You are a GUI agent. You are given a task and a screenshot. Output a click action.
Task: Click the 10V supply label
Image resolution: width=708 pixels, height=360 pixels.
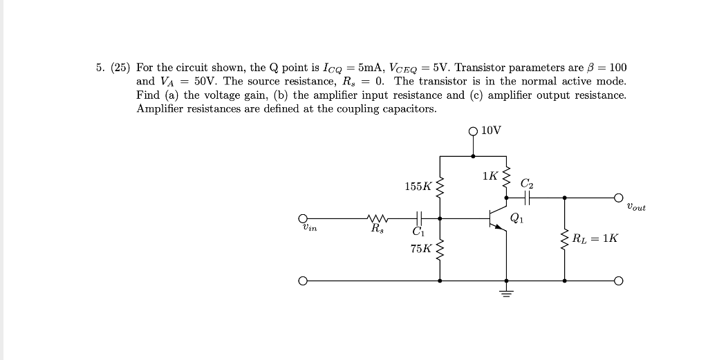pyautogui.click(x=492, y=130)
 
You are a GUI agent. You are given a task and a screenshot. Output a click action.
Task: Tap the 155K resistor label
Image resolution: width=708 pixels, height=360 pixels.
pyautogui.click(x=418, y=186)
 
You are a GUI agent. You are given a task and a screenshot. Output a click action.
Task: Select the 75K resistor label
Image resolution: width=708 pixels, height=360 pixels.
pyautogui.click(x=420, y=249)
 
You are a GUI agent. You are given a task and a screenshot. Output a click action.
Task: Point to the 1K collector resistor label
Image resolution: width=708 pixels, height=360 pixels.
pyautogui.click(x=490, y=176)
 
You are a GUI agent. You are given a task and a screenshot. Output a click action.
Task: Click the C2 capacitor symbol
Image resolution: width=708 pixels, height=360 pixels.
pyautogui.click(x=527, y=198)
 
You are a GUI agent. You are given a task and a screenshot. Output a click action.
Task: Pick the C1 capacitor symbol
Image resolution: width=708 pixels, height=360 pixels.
pyautogui.click(x=418, y=218)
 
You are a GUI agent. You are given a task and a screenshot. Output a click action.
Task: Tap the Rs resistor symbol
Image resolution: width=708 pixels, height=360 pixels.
pyautogui.click(x=379, y=218)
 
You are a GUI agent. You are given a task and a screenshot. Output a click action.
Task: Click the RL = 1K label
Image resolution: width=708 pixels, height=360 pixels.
pyautogui.click(x=595, y=238)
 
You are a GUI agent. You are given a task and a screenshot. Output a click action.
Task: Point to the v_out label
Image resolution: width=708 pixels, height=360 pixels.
pyautogui.click(x=635, y=207)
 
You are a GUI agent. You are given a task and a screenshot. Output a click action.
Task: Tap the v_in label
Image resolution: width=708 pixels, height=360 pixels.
pyautogui.click(x=309, y=227)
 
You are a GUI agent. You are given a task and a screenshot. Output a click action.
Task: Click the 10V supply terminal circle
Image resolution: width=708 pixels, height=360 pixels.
pyautogui.click(x=473, y=129)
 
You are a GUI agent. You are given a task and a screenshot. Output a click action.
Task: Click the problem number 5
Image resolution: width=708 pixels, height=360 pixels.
pyautogui.click(x=100, y=68)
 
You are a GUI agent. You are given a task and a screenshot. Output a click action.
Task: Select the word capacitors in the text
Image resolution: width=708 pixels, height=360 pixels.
pyautogui.click(x=407, y=109)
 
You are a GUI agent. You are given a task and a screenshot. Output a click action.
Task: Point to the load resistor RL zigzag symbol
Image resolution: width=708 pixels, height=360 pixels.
pyautogui.click(x=565, y=239)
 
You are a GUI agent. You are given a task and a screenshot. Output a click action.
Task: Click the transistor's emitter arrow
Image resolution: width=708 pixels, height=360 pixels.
pyautogui.click(x=503, y=229)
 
